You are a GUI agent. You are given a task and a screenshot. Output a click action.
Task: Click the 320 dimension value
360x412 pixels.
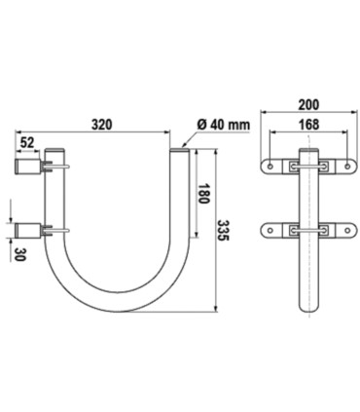[102, 125]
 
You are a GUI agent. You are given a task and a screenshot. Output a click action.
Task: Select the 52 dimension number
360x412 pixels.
[27, 142]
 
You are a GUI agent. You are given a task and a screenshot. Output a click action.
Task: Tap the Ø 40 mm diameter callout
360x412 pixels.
[224, 125]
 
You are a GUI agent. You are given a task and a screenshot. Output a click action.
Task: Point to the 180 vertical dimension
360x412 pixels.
[203, 194]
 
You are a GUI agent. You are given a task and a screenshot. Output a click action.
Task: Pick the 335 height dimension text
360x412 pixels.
[223, 230]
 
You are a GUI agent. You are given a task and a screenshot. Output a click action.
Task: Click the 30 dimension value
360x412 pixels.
[20, 255]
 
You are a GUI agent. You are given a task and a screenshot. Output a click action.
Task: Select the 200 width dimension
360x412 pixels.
[308, 104]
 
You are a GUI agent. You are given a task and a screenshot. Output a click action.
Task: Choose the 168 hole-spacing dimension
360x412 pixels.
[308, 125]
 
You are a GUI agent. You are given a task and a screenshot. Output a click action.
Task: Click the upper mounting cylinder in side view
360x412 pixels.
[28, 167]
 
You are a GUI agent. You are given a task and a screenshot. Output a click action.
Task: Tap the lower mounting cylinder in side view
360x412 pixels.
[28, 231]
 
